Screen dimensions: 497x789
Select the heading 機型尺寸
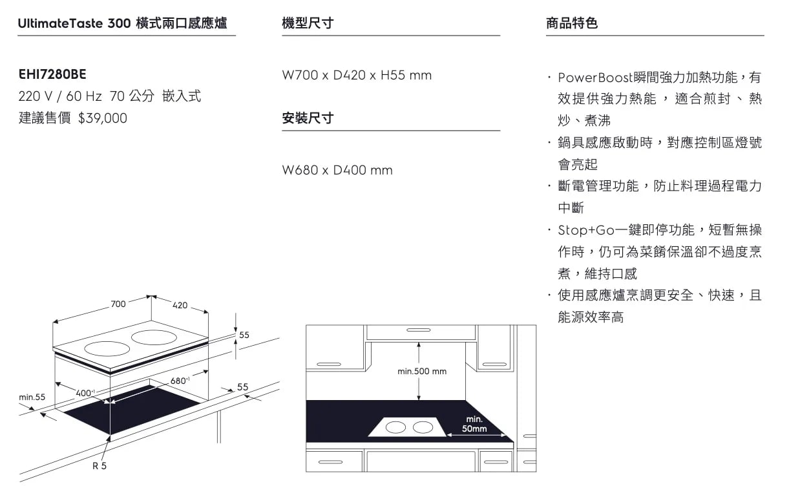coord(308,24)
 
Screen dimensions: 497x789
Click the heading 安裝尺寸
coord(308,119)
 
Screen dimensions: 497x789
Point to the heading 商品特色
coord(571,24)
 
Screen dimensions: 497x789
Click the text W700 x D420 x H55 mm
coord(357,76)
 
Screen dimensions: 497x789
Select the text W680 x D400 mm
coord(337,171)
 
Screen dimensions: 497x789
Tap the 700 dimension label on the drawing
coord(118,304)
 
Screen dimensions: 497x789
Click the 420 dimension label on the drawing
coord(180,305)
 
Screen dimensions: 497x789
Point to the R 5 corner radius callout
coord(99,466)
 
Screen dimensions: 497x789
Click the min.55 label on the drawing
coord(32,397)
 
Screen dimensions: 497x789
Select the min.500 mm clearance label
coord(422,372)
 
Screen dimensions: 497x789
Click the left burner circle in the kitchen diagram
coord(395,427)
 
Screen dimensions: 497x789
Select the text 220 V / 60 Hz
coord(60,97)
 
